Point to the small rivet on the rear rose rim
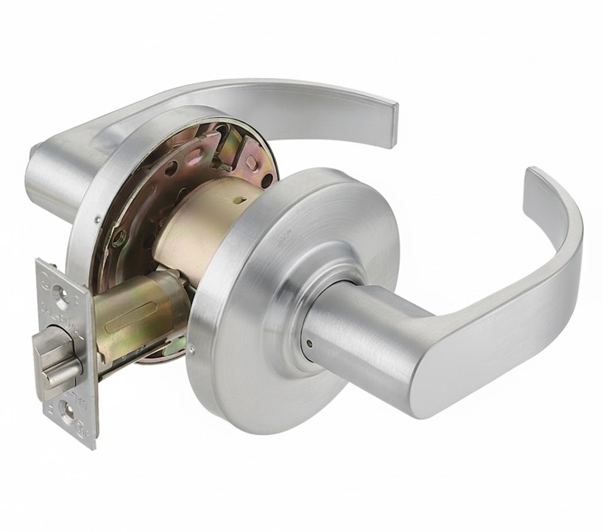pyautogui.click(x=98, y=219)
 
